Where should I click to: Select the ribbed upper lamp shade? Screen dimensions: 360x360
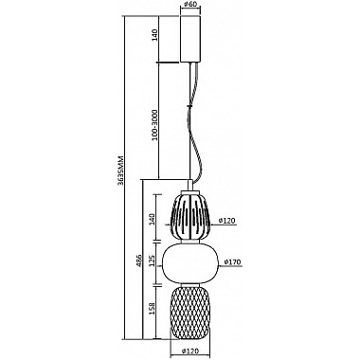point(189,217)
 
